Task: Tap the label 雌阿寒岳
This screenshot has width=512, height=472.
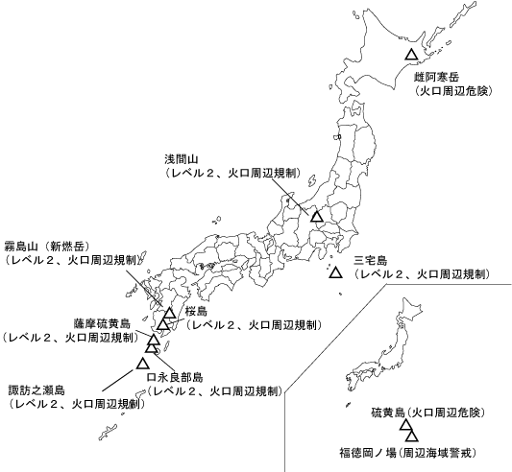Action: point(438,76)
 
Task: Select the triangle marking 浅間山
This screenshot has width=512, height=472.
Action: point(317,216)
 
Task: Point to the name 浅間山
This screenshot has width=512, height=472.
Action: point(182,158)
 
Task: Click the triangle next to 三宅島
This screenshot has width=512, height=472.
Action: point(335,273)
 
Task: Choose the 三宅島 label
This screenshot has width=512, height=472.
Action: point(370,260)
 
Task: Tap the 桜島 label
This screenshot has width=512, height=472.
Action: point(196,312)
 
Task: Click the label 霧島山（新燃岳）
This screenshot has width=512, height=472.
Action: point(47,245)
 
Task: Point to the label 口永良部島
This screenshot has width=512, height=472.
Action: point(174,377)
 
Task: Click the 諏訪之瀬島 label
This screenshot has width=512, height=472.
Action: point(37,390)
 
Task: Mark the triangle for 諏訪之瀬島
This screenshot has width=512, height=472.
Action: point(143,363)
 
